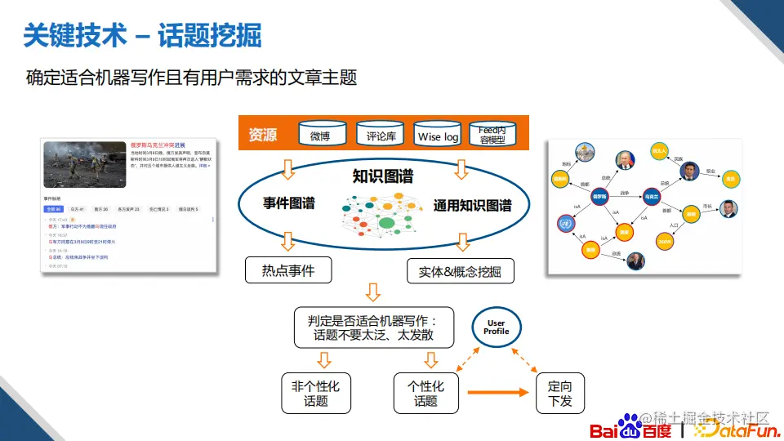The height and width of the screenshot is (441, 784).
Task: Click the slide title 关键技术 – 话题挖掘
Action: pyautogui.click(x=143, y=35)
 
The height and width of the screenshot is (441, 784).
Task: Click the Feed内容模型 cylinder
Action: pyautogui.click(x=497, y=135)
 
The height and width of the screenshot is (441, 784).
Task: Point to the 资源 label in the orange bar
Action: pyautogui.click(x=263, y=135)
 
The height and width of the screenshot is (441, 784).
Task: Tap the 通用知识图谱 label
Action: pyautogui.click(x=472, y=206)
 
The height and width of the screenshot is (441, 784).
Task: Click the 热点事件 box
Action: pyautogui.click(x=288, y=269)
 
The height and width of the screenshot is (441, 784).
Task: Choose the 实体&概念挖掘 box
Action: pyautogui.click(x=461, y=271)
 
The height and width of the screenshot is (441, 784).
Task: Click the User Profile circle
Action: pyautogui.click(x=496, y=327)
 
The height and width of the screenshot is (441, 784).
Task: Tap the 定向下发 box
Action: pyautogui.click(x=560, y=392)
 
